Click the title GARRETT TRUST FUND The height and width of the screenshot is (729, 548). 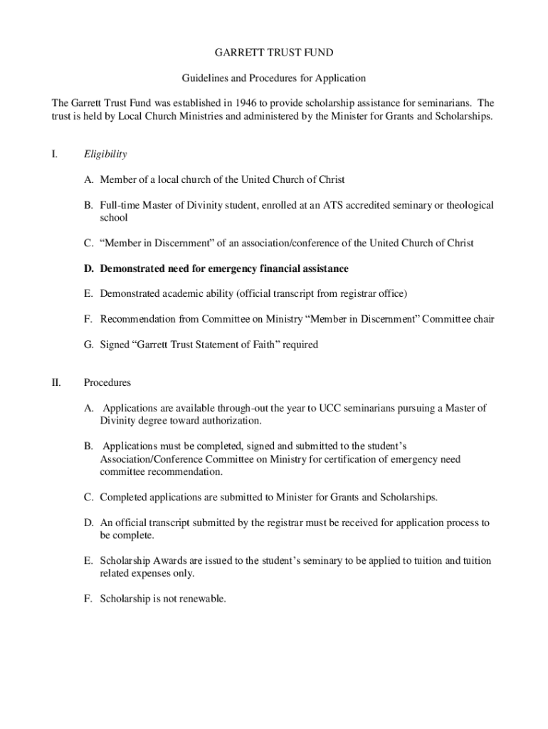tap(274, 53)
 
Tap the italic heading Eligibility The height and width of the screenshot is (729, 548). tap(105, 154)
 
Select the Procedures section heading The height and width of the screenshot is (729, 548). tap(107, 383)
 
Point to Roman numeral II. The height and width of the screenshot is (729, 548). tap(56, 383)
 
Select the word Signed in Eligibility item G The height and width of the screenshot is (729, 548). tap(115, 345)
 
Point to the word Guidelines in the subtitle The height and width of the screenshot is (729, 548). tap(206, 78)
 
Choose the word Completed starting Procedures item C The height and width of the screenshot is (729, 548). tap(125, 496)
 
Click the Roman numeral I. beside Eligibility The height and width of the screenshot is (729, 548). tap(55, 154)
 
